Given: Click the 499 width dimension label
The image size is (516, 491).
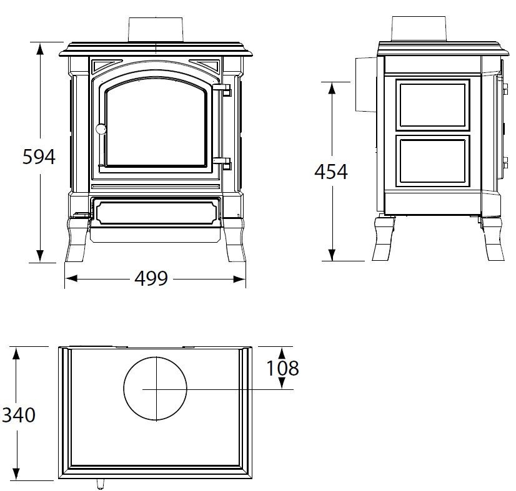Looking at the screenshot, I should pos(151,278).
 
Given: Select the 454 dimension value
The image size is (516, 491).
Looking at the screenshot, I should pos(330,171).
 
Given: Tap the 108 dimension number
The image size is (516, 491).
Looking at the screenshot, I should pos(282,368).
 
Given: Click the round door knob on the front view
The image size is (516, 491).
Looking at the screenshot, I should pos(101,129).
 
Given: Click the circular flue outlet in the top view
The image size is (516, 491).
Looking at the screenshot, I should pos(155,388).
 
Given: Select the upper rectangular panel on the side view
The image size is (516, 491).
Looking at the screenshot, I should pos(432,105).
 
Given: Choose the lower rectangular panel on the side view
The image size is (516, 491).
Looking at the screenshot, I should pos(432,162).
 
